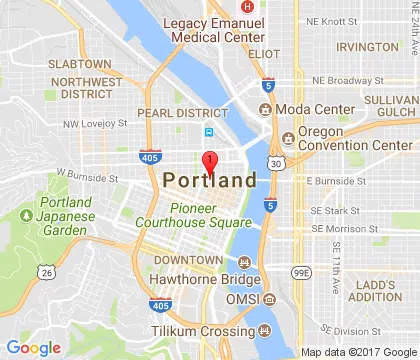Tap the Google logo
(33, 347)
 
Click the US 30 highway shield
(275, 163)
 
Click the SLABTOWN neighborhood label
(58, 64)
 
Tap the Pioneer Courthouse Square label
(209, 215)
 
